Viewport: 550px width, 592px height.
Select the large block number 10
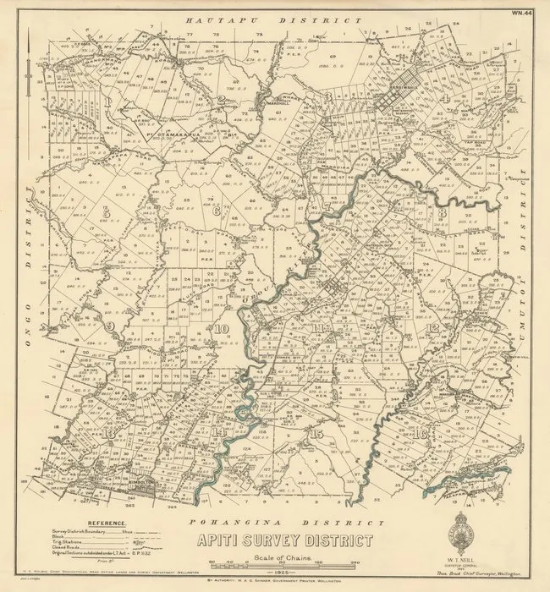222,329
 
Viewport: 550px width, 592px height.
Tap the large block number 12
434,327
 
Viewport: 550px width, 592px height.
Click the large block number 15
316,434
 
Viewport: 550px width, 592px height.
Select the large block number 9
109,326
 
